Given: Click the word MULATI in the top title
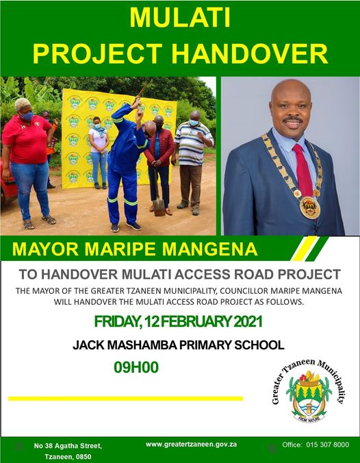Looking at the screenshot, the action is pyautogui.click(x=180, y=17).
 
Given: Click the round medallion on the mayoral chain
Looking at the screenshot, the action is pyautogui.click(x=310, y=208).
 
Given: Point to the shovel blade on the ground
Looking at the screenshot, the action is pyautogui.click(x=159, y=207).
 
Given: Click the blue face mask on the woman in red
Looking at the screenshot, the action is pyautogui.click(x=27, y=116).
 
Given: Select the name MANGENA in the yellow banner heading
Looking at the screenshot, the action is pyautogui.click(x=209, y=249).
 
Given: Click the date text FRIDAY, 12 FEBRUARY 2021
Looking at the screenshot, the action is pyautogui.click(x=178, y=321).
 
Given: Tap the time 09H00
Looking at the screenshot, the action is pyautogui.click(x=136, y=367).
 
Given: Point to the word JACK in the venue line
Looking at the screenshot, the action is pyautogui.click(x=88, y=345).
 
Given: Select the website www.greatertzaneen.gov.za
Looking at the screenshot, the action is pyautogui.click(x=191, y=444).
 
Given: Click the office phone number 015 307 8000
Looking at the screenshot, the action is pyautogui.click(x=328, y=445).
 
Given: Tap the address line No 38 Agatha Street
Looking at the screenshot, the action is pyautogui.click(x=68, y=446).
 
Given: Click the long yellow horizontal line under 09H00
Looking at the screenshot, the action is pyautogui.click(x=125, y=399).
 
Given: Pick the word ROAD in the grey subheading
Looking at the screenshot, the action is pyautogui.click(x=252, y=275).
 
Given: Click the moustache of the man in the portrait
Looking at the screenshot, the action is pyautogui.click(x=292, y=119).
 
